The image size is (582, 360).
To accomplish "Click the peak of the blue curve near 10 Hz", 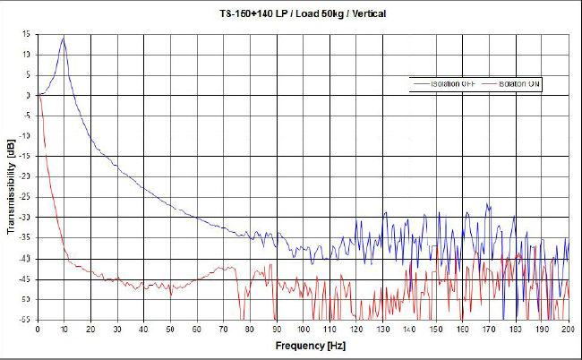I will [x=64, y=37].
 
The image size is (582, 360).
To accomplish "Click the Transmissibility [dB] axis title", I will [x=10, y=179].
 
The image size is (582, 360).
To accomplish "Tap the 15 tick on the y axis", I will [x=27, y=34].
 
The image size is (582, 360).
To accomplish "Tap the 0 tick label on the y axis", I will [x=30, y=95].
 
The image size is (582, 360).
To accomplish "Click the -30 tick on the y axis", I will [x=26, y=218].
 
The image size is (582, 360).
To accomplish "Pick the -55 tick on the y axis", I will [x=26, y=320].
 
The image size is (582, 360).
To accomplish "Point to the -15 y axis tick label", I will [x=26, y=157].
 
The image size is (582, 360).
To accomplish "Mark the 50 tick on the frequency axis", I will [x=170, y=329].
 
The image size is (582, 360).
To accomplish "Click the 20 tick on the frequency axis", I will [x=90, y=329].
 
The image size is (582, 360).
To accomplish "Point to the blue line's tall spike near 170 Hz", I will [x=488, y=204].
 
